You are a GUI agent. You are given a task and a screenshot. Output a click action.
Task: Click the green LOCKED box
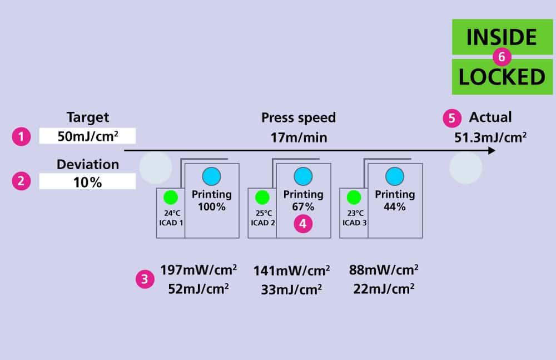pos(502,77)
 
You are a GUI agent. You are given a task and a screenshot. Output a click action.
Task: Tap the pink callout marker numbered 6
pos(502,57)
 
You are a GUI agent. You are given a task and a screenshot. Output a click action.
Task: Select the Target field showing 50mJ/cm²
pos(87,136)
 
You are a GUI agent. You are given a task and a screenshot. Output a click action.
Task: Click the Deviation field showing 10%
pos(87,181)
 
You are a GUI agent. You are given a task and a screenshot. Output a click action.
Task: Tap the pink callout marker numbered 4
pos(303,224)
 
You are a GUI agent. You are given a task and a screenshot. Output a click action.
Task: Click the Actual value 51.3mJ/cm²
pos(490,137)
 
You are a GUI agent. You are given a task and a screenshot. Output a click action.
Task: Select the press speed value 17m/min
pos(299,137)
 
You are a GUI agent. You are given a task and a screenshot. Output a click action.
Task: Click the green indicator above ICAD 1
pos(171,197)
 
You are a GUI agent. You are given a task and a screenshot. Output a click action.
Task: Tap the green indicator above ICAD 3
pos(354,197)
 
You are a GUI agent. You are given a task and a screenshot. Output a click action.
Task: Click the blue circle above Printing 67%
pos(303,176)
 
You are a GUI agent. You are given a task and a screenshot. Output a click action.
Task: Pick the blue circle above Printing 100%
pos(211,176)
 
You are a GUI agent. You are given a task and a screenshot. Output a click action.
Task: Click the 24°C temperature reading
pos(170,213)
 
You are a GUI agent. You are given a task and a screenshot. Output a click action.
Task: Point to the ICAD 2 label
pos(262,223)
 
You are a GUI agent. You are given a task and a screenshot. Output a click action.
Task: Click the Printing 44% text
pos(394,200)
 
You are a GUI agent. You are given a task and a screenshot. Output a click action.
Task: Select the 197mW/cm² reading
pos(198,270)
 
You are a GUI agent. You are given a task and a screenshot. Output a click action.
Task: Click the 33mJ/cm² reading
pos(291,290)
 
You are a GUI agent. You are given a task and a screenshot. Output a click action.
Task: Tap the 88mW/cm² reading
pos(384,270)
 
